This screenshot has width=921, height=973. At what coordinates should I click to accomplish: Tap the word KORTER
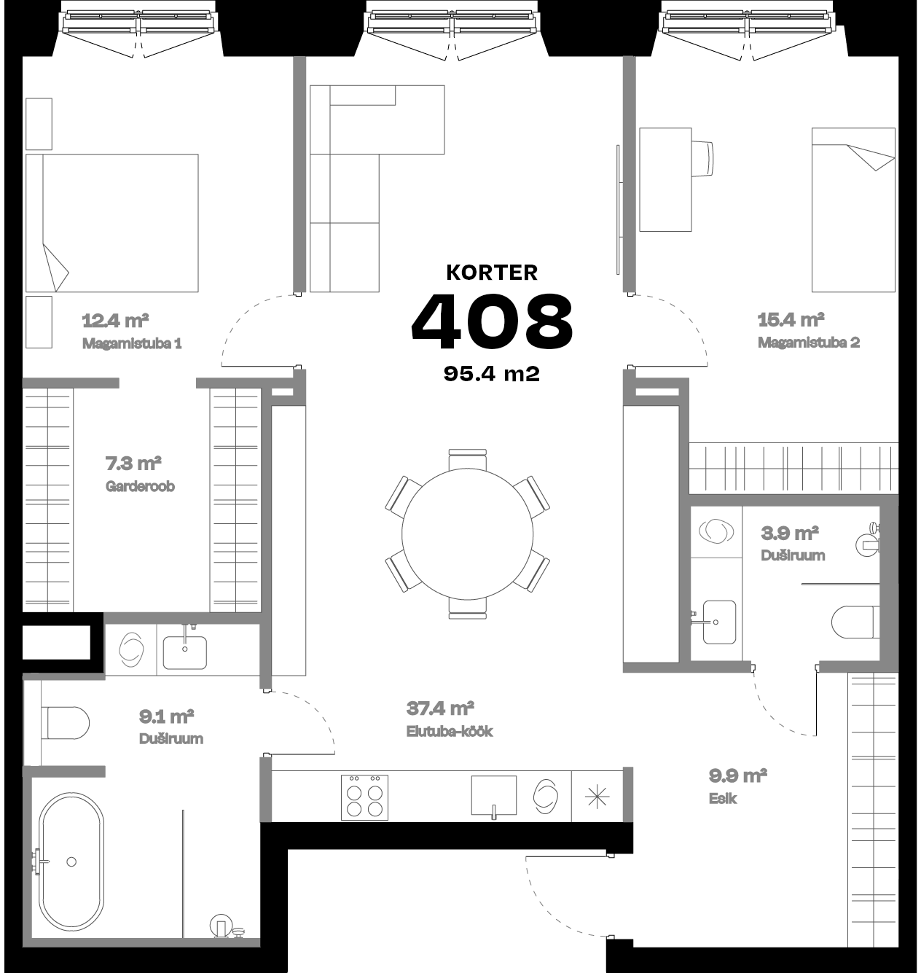[492, 273]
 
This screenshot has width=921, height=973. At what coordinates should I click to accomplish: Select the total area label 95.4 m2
[492, 374]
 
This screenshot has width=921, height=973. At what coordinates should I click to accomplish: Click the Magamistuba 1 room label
[131, 343]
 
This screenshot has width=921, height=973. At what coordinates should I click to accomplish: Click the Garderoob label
[140, 486]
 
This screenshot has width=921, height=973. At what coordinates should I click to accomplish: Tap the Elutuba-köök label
[450, 731]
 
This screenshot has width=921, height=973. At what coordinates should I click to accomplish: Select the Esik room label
[722, 799]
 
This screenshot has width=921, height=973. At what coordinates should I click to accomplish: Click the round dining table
[467, 534]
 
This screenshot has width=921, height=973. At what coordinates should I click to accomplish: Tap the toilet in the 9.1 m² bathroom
[67, 723]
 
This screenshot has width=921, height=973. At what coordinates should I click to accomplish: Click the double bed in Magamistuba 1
[112, 222]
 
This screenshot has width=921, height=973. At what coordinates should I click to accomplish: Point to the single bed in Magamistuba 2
[853, 210]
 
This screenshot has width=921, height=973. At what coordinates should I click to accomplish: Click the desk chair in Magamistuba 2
[703, 158]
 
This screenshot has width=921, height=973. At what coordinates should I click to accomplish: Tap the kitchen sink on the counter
[493, 795]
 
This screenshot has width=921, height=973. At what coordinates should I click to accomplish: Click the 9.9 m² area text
[737, 776]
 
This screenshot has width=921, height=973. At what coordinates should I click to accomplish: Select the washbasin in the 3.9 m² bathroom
[718, 622]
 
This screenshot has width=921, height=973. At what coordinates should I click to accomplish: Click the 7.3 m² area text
[133, 464]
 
